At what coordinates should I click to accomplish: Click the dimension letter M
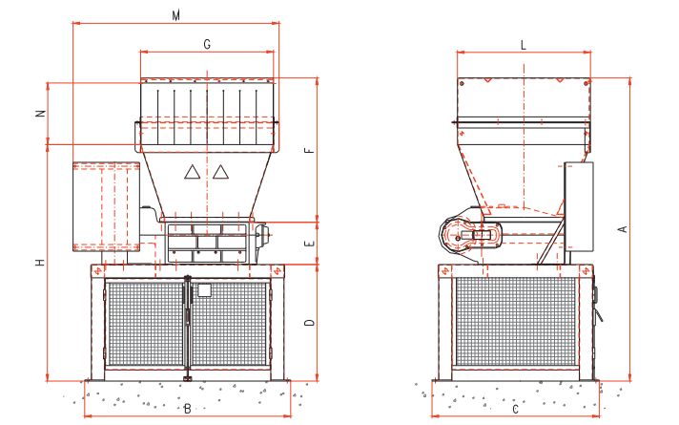175,16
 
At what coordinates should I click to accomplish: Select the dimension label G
207,44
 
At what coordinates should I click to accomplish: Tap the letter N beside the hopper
40,113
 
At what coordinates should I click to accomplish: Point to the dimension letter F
307,152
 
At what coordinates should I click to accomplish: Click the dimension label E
308,244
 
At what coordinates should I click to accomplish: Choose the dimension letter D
308,324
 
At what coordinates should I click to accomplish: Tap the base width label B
188,409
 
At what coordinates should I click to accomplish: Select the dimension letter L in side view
524,45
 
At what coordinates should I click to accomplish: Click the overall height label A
621,229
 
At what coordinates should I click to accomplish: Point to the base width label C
515,409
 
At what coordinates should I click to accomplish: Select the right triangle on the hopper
221,172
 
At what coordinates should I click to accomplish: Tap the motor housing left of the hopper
107,205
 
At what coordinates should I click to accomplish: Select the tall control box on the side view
578,206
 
